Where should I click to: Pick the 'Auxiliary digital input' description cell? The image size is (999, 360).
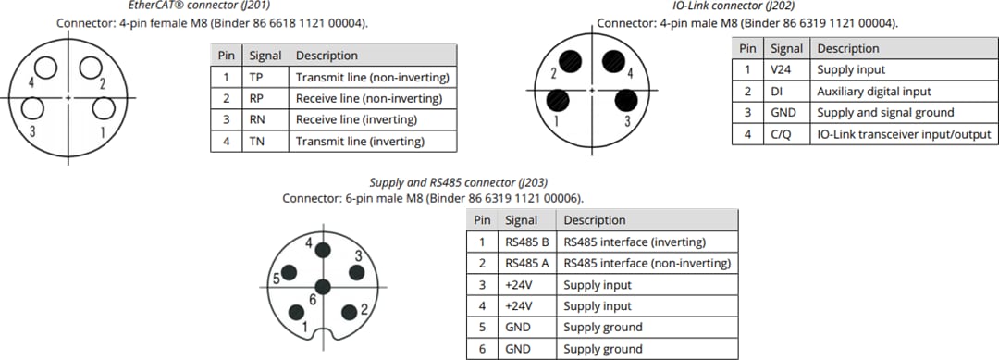873,92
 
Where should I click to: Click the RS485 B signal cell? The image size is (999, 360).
526,242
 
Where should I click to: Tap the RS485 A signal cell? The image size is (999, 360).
526,264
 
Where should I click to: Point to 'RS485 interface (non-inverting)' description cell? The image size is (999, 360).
647,264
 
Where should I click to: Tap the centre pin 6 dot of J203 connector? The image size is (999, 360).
322,286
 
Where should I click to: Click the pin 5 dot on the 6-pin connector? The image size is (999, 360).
290,271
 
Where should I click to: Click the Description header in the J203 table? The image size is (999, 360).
594,220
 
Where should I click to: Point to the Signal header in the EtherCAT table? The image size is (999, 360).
265,56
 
